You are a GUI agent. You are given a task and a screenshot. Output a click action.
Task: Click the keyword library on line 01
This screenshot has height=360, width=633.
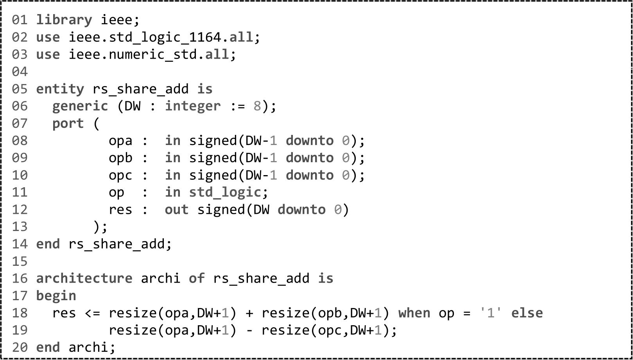[x=64, y=20]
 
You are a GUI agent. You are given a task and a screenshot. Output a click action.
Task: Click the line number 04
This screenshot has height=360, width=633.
[x=20, y=72]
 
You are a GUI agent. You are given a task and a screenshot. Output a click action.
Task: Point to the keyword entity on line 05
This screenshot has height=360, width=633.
[x=60, y=89]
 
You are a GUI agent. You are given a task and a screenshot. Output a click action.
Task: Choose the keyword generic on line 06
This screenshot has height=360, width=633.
[x=80, y=106]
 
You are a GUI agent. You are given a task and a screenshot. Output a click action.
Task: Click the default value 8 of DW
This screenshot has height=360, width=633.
[x=257, y=106]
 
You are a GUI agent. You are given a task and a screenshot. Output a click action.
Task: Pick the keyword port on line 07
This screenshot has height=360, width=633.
[x=68, y=124]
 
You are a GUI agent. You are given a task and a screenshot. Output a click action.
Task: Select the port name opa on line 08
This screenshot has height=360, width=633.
[x=120, y=141]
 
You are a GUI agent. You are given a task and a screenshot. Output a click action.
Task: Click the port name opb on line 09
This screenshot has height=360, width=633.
[x=120, y=158]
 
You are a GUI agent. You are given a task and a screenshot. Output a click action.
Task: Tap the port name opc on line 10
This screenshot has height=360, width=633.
[x=120, y=175]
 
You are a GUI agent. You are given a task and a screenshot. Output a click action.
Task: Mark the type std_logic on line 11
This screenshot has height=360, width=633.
[x=225, y=192]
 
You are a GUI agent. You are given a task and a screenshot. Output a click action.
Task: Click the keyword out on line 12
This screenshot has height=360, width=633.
[x=176, y=210]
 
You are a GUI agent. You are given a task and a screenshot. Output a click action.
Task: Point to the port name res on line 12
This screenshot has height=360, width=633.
[x=120, y=210]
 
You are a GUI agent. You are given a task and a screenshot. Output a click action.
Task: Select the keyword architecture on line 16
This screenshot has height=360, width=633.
[x=84, y=278]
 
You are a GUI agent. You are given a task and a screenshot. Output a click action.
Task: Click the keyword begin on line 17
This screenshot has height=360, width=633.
[x=56, y=296]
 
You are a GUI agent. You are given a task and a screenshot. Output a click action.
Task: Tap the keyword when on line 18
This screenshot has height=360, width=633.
[x=414, y=313]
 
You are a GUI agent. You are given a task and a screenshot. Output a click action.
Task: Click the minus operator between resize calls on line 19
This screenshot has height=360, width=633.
[x=249, y=330]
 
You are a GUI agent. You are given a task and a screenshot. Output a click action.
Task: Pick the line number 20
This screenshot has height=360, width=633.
[x=20, y=347]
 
